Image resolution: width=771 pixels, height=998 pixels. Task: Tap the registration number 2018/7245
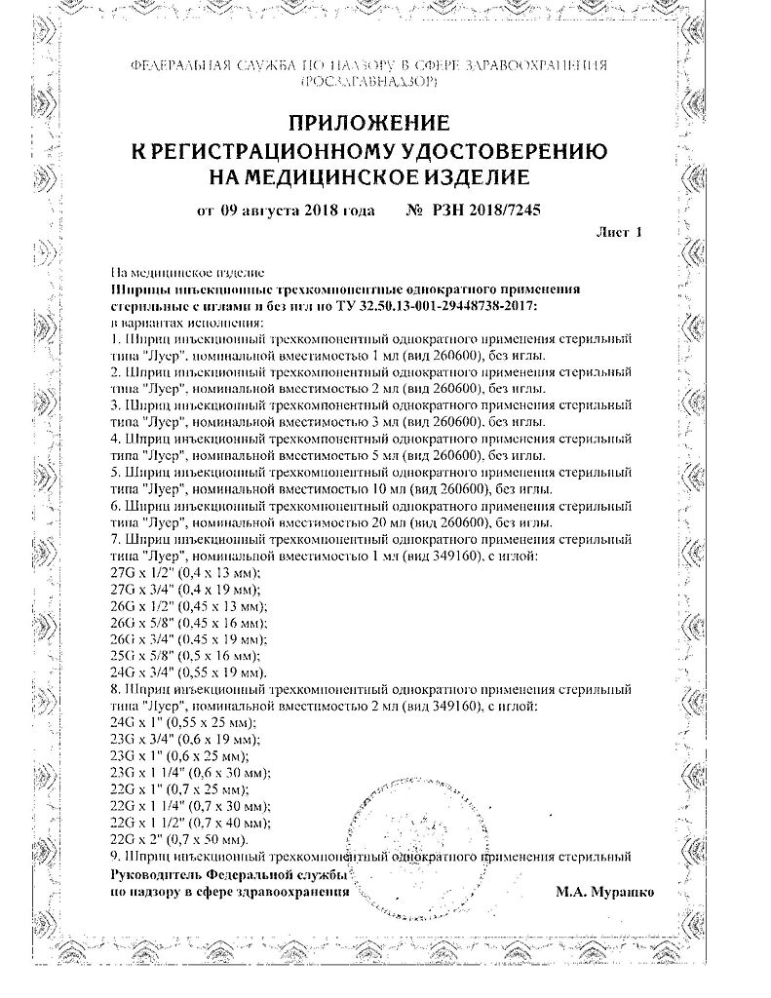[499, 210]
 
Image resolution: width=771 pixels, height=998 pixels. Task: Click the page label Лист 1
[618, 233]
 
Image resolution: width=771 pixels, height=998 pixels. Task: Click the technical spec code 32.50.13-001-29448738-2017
[443, 306]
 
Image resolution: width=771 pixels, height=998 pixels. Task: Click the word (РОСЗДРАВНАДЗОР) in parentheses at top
[369, 84]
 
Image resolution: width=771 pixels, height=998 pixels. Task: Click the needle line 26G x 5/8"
[185, 623]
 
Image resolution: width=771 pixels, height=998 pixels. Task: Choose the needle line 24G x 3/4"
[185, 673]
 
